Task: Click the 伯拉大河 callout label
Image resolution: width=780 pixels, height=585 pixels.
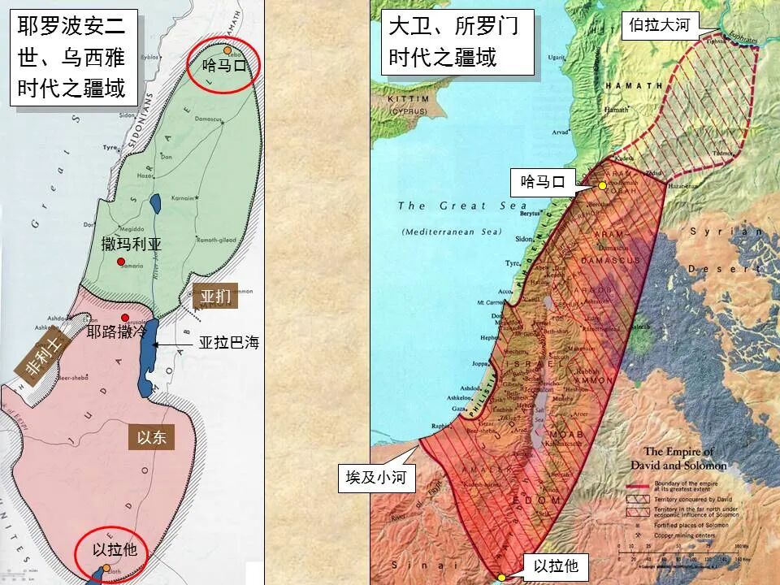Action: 659,25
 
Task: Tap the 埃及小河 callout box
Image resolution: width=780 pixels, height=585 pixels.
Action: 376,476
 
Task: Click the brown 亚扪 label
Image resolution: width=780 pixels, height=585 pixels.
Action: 216,297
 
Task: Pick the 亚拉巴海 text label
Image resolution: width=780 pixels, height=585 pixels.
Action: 228,344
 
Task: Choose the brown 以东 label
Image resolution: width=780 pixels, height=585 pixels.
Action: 151,437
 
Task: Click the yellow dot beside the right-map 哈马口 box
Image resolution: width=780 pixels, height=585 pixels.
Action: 602,186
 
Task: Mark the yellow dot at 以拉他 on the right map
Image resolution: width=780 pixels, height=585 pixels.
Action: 502,576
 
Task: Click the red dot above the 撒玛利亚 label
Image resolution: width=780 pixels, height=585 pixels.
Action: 121,261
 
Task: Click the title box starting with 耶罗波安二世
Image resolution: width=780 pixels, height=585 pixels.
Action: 71,57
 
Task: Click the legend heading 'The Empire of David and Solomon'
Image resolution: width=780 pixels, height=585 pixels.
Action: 678,458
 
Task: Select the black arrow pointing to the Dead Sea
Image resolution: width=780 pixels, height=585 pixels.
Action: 174,344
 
